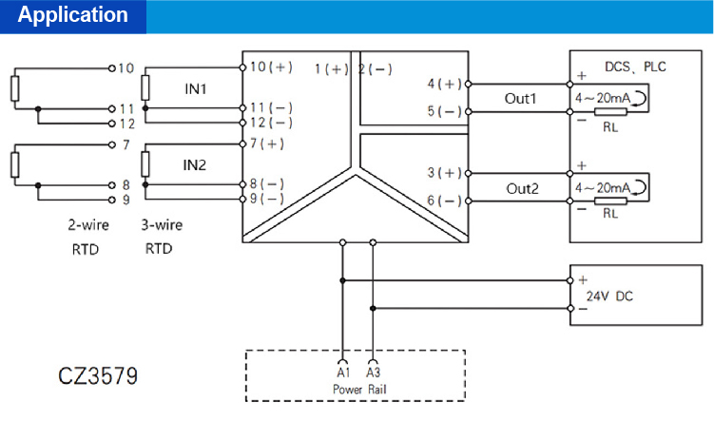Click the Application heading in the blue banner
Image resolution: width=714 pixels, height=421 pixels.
click(x=72, y=16)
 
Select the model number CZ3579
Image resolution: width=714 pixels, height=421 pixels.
click(x=98, y=375)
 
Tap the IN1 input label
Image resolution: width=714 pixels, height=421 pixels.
click(x=196, y=88)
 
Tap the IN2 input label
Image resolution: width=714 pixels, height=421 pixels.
click(x=196, y=164)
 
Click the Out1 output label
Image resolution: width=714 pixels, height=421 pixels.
click(x=521, y=99)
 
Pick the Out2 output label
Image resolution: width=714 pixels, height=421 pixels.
click(x=521, y=188)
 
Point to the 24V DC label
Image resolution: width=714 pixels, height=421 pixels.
click(x=609, y=296)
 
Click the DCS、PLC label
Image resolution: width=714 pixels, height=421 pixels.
click(x=636, y=67)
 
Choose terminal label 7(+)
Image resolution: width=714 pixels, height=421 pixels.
click(x=266, y=144)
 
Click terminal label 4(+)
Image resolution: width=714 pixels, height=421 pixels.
click(x=445, y=84)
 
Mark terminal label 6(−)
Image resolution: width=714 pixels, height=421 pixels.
click(x=445, y=201)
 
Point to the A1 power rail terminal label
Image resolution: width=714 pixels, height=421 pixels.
click(x=343, y=373)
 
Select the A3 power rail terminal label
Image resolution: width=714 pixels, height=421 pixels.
click(x=373, y=373)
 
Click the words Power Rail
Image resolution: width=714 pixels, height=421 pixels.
click(x=357, y=390)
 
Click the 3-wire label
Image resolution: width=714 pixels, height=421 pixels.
click(x=162, y=226)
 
